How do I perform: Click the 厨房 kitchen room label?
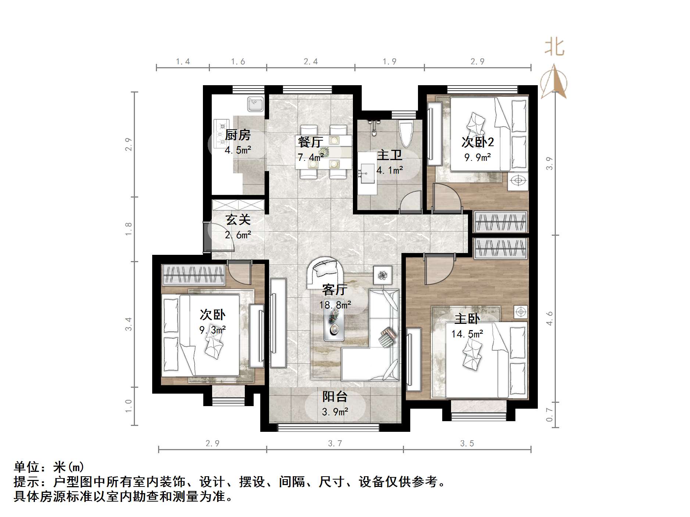[237, 135]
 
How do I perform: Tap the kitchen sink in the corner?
[255, 104]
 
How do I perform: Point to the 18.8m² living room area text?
[335, 305]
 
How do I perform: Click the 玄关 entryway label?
[238, 220]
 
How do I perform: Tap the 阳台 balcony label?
[335, 397]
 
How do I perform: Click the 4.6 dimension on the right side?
[549, 318]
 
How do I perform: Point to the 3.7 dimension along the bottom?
[335, 444]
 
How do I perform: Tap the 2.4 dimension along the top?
[311, 62]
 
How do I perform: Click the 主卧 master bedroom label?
[467, 318]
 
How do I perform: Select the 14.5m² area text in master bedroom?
[467, 334]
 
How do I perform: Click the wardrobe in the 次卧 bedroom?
[194, 275]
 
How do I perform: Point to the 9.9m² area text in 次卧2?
[478, 158]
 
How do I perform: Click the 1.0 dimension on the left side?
[128, 406]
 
